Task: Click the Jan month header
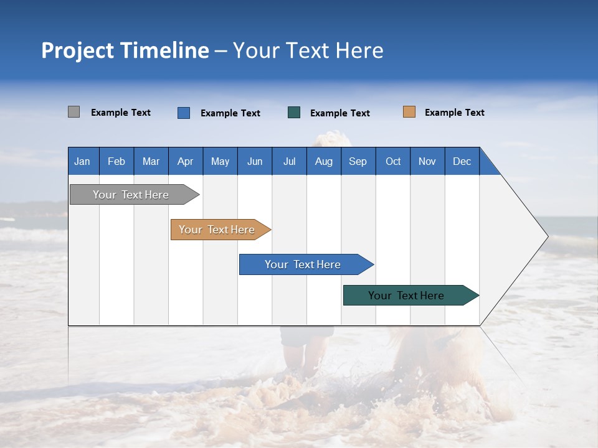(83, 161)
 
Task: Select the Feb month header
(116, 161)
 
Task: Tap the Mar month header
(151, 161)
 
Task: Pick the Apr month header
(186, 161)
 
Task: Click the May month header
(220, 161)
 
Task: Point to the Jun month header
(255, 161)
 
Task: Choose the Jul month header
(289, 161)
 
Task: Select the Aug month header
(324, 161)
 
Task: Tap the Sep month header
(358, 161)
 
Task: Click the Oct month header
(393, 161)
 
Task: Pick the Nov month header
(427, 161)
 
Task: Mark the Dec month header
(462, 161)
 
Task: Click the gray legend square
(74, 112)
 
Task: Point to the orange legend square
(409, 112)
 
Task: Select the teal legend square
(294, 113)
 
